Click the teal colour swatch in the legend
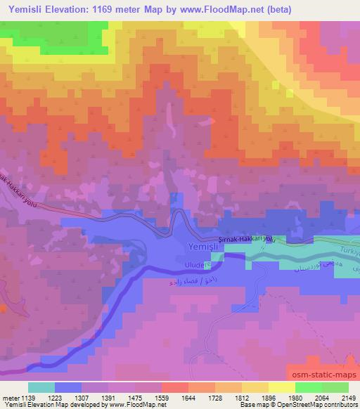click(41, 387)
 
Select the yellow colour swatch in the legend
click(282, 387)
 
